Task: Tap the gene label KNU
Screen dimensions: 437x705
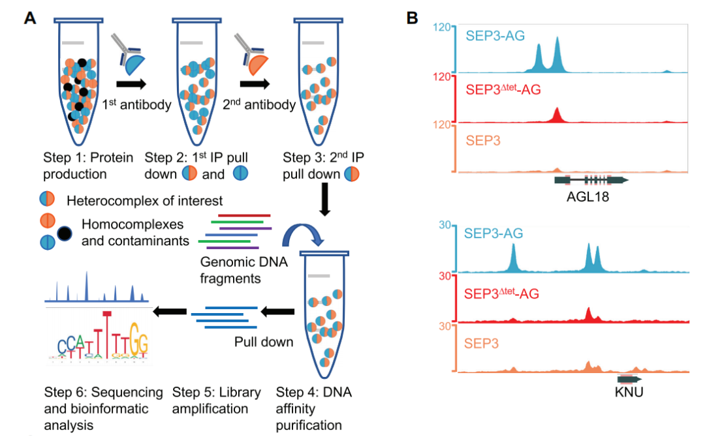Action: pos(629,393)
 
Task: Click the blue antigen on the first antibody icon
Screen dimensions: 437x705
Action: pos(134,64)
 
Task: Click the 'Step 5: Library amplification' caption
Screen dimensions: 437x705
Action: pos(216,400)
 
